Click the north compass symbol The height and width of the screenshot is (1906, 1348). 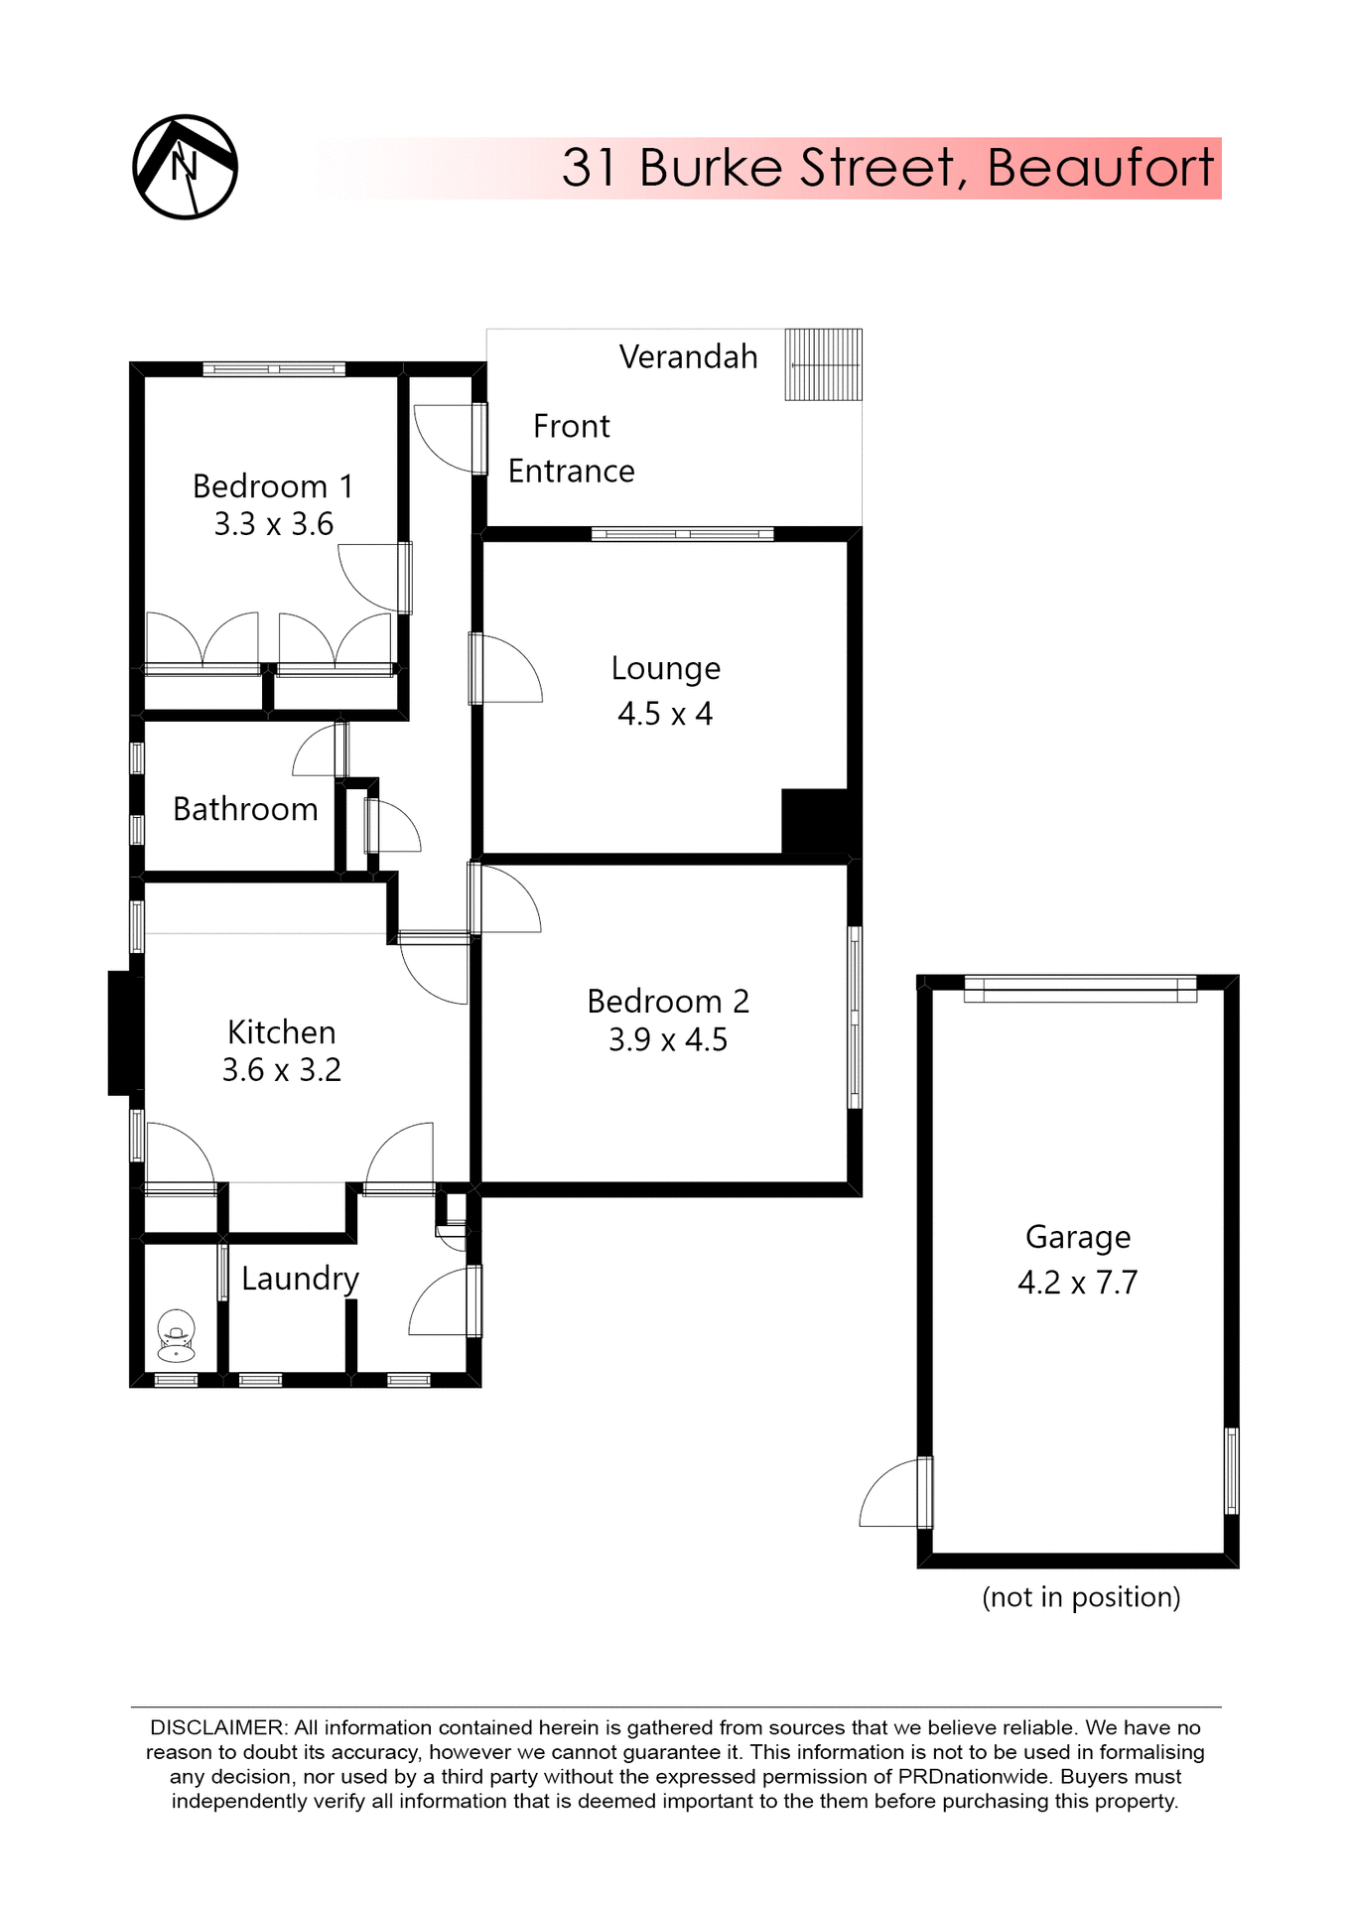coord(185,167)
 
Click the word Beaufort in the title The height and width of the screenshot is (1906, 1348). coord(1100,168)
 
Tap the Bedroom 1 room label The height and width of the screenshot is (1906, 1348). coord(272,486)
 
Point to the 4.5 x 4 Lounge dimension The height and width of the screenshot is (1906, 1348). coord(665,714)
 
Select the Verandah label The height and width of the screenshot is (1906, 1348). coord(688,357)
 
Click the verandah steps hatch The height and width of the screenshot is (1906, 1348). coord(823,364)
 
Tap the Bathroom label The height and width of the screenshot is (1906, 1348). coord(245,809)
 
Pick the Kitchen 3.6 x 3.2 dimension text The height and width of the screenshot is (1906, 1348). coord(281,1070)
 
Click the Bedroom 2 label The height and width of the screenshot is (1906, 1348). coord(668,1001)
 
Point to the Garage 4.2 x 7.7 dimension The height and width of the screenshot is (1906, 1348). coord(1077,1283)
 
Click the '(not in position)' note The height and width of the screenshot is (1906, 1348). coord(1081,1597)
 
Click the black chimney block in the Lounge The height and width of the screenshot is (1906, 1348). coord(816,820)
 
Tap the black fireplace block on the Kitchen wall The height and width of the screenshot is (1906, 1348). coord(121,1032)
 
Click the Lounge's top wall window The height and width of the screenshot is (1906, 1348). coord(682,534)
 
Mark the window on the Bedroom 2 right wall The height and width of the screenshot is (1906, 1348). coord(854,1017)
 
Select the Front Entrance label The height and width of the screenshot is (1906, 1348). coord(571,449)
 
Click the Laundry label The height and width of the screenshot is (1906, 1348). coord(300,1279)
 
